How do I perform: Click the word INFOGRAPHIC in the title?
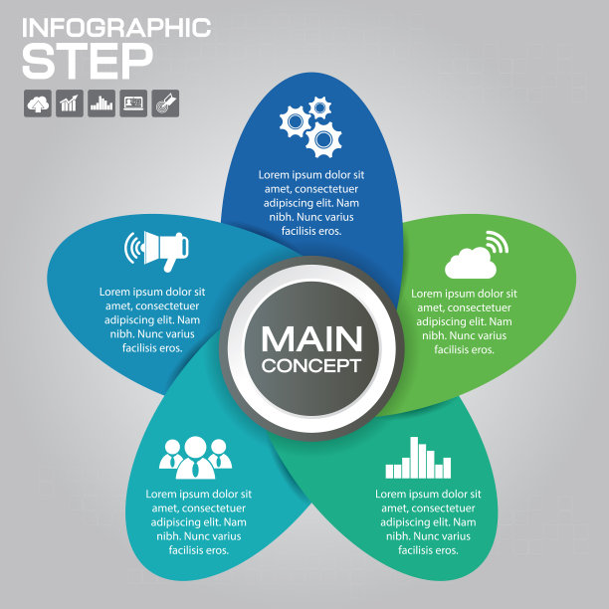tap(116, 27)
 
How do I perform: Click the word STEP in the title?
tap(88, 61)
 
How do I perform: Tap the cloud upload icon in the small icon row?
tap(38, 103)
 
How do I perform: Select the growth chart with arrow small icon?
tap(70, 103)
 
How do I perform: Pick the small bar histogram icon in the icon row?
tap(101, 103)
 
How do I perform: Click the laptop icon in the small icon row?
tap(133, 103)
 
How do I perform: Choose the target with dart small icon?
tap(165, 103)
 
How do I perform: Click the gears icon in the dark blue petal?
tap(310, 126)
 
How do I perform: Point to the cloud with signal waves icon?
tap(476, 256)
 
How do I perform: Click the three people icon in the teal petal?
tap(195, 457)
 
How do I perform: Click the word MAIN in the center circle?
tap(311, 338)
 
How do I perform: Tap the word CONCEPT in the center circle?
tap(311, 365)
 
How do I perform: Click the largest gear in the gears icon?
tap(322, 139)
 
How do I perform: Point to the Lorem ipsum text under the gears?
tap(311, 202)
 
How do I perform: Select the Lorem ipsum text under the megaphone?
tap(152, 320)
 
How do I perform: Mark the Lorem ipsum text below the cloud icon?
tap(464, 321)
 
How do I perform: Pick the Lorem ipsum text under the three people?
tap(199, 521)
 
